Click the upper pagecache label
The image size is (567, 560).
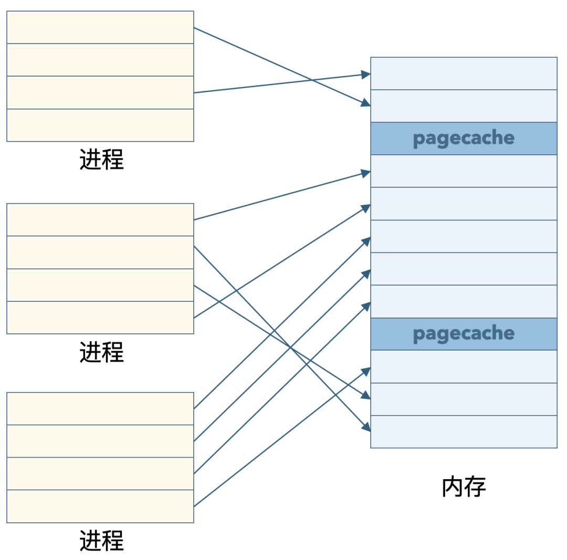pyautogui.click(x=464, y=139)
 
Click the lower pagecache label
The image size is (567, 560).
pyautogui.click(x=464, y=334)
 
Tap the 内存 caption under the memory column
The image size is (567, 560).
pyautogui.click(x=464, y=487)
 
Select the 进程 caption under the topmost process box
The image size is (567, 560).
pyautogui.click(x=101, y=160)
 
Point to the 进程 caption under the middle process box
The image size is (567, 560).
pyautogui.click(x=101, y=352)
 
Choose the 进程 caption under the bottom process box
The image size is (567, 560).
pyautogui.click(x=101, y=541)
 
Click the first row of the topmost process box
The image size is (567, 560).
pyautogui.click(x=100, y=27)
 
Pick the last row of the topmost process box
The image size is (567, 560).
pyautogui.click(x=100, y=125)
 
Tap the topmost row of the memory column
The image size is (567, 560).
pyautogui.click(x=464, y=73)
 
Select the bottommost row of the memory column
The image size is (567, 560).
pyautogui.click(x=464, y=431)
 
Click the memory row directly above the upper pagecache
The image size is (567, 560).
pyautogui.click(x=464, y=106)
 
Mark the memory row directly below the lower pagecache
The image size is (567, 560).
pyautogui.click(x=464, y=366)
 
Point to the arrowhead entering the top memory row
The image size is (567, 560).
pyautogui.click(x=366, y=75)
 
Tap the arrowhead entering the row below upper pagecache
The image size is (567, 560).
pyautogui.click(x=366, y=172)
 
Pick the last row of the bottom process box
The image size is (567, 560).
pyautogui.click(x=100, y=506)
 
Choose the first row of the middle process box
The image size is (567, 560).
pyautogui.click(x=100, y=220)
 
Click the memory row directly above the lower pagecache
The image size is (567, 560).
pyautogui.click(x=464, y=301)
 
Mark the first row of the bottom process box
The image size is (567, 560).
pyautogui.click(x=100, y=408)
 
